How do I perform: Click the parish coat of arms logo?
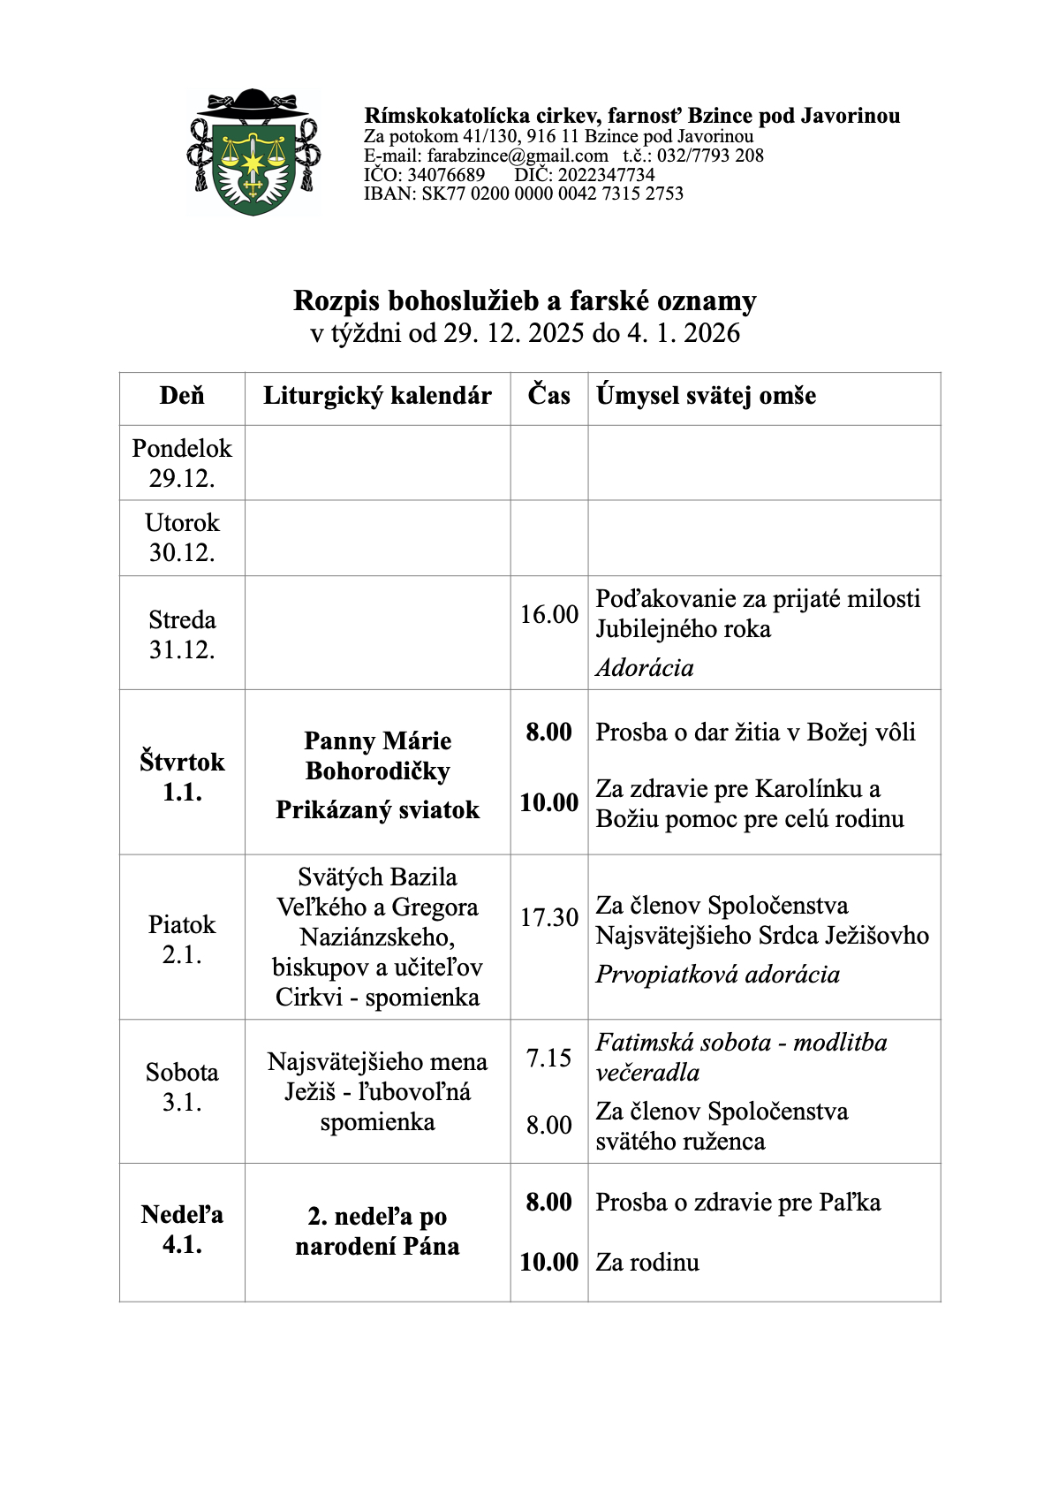click(253, 153)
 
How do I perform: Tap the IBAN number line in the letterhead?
click(524, 194)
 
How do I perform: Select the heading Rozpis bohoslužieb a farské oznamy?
click(525, 301)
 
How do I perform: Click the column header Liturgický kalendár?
click(377, 396)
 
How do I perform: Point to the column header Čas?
click(548, 395)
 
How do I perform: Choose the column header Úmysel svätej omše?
click(706, 396)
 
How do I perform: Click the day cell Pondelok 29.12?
click(182, 463)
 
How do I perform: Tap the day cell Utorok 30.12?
click(182, 537)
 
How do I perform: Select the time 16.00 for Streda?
click(548, 614)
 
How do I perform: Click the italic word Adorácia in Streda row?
click(645, 668)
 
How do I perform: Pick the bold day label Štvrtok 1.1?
click(182, 777)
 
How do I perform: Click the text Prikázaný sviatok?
click(377, 810)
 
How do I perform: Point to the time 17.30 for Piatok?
click(548, 918)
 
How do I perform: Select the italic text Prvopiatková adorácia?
click(717, 975)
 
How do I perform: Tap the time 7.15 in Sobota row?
click(548, 1058)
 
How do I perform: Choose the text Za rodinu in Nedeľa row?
click(647, 1263)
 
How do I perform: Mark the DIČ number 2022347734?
click(606, 175)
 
